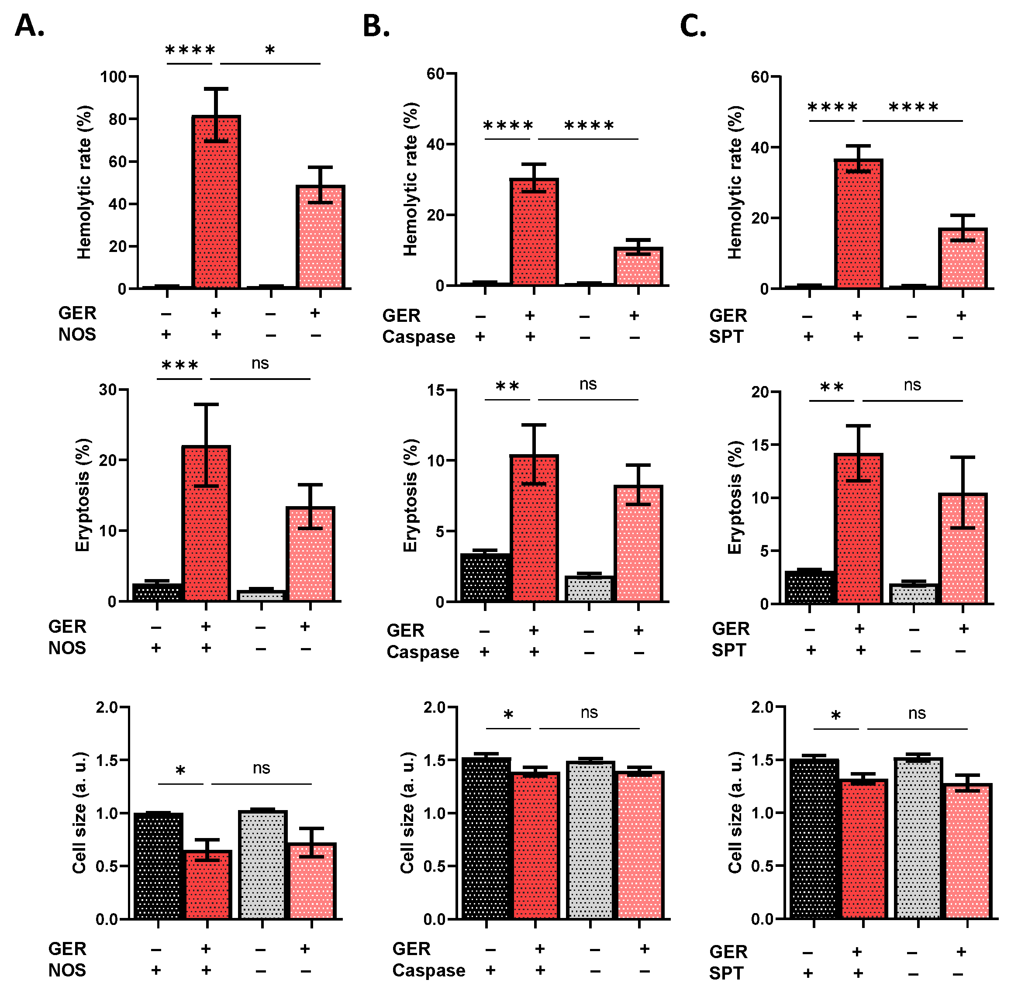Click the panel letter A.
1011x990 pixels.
click(29, 26)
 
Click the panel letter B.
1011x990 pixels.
click(376, 26)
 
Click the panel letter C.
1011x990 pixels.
click(693, 26)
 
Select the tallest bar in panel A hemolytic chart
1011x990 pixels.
click(216, 202)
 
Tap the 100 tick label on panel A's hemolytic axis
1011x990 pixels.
click(114, 77)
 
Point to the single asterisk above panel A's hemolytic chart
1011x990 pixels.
click(270, 50)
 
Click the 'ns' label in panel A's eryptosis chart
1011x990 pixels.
click(260, 363)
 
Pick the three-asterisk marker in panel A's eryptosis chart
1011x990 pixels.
click(179, 365)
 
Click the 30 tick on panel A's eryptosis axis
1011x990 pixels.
click(108, 390)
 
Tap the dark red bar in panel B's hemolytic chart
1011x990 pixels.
click(534, 232)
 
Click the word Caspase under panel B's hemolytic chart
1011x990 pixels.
click(419, 337)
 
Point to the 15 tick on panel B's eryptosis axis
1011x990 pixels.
click(436, 390)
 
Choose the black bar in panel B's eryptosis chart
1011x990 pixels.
click(485, 578)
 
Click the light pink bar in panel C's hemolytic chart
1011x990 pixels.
click(963, 259)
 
